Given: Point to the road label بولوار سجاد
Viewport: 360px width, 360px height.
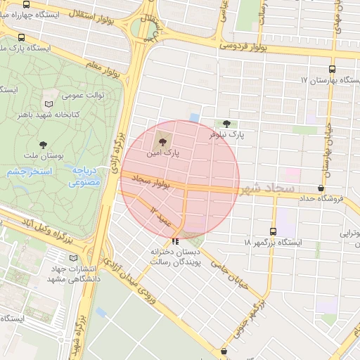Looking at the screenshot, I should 150,181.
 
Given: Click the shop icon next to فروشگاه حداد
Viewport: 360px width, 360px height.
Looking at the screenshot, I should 322,188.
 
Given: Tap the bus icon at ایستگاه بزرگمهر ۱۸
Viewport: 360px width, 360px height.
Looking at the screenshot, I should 273,231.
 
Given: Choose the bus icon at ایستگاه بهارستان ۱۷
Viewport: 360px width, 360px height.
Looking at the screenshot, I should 332,70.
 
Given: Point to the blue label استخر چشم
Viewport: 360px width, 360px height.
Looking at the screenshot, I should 23,172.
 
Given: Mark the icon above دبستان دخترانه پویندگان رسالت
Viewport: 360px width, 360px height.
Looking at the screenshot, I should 174,240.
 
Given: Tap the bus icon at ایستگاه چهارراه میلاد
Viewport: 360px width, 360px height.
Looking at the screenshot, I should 21,37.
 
